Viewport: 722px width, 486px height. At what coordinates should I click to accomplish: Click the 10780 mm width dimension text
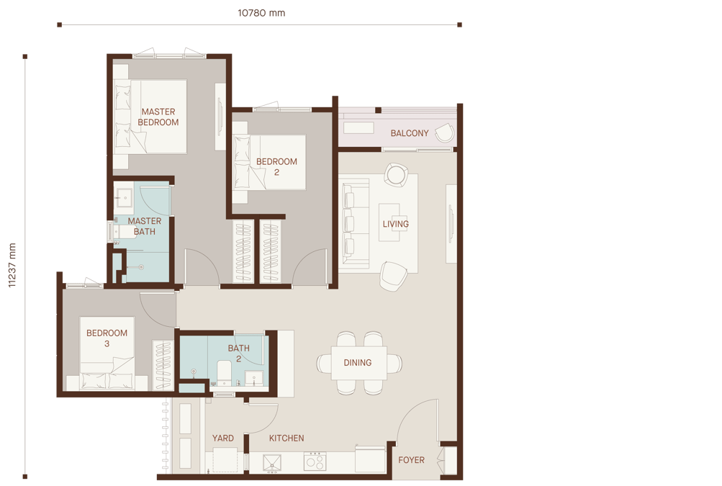coord(261,13)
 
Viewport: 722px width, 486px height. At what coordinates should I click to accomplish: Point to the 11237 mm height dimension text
coord(12,266)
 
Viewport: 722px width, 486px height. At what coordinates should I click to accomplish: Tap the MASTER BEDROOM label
coord(158,117)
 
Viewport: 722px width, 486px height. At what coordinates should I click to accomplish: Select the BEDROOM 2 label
coord(276,167)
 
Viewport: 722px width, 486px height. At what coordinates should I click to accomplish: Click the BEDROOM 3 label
coord(107,338)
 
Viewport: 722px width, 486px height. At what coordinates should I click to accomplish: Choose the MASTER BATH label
coord(145,226)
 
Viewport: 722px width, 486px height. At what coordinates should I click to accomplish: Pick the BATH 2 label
coord(238,354)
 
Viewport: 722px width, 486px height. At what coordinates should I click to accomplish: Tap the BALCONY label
coord(410,133)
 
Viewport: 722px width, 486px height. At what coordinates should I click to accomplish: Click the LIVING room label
coord(395,224)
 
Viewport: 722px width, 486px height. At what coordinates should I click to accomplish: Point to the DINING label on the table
coord(357,363)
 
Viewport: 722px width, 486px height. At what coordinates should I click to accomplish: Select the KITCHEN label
coord(286,438)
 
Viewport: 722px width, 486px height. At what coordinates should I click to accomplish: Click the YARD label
coord(223,438)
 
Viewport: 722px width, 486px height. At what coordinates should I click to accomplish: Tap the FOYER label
coord(411,460)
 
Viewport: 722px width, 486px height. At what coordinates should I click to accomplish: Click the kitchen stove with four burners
coord(315,461)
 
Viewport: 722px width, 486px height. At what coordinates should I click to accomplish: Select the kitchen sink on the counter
coord(272,463)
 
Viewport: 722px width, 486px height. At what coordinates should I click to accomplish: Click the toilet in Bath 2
coord(225,372)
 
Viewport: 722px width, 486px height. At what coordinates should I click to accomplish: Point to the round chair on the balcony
coord(445,132)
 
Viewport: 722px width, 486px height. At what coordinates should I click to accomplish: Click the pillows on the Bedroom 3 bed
coord(107,380)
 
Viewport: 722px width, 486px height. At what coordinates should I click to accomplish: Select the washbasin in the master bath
coord(123,197)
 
